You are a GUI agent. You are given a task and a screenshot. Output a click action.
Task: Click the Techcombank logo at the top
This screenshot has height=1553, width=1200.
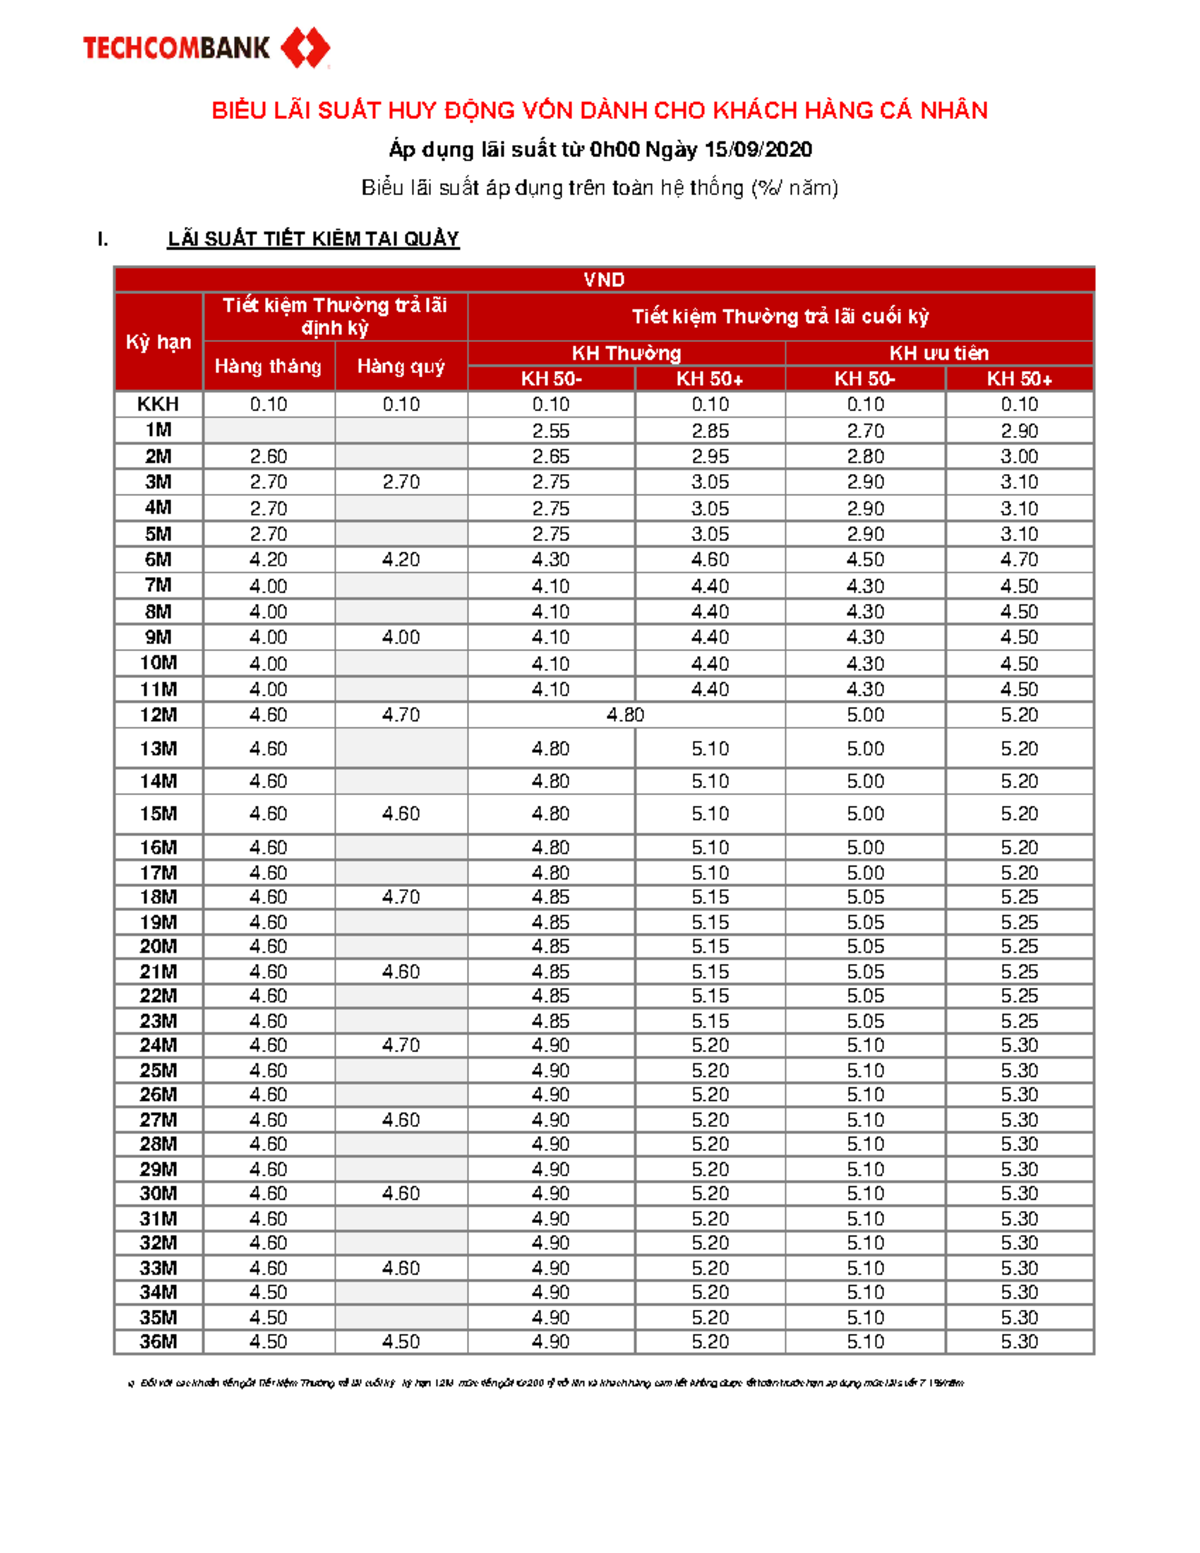tap(205, 47)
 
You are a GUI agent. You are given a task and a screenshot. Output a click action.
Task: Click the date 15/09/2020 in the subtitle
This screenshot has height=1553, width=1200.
tap(758, 150)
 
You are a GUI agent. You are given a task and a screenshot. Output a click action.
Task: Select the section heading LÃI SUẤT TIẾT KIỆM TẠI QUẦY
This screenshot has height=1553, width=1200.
tap(313, 239)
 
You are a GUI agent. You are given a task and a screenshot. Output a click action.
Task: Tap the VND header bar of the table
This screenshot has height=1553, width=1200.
tap(604, 280)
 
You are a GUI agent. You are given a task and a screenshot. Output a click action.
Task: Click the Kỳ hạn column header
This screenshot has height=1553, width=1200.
tap(158, 342)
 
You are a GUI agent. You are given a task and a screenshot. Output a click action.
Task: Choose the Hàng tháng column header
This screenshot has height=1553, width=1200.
tap(268, 367)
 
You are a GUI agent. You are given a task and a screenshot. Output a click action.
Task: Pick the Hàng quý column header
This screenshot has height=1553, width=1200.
tap(401, 367)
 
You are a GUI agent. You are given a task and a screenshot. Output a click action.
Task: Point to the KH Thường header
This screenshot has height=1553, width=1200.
tap(626, 353)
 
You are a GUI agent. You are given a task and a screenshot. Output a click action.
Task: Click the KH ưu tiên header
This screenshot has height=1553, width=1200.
tap(939, 353)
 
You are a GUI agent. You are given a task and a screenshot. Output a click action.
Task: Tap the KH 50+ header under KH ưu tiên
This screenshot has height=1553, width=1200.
tap(1019, 379)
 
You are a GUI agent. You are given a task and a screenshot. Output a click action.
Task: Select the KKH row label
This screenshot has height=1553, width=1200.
tap(158, 404)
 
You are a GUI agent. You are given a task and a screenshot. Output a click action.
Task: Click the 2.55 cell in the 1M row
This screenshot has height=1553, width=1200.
tap(551, 431)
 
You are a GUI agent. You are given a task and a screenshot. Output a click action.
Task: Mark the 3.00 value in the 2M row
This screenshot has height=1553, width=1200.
tap(1019, 456)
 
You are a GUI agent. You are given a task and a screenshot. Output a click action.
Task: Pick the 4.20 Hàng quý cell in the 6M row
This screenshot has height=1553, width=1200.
tap(401, 560)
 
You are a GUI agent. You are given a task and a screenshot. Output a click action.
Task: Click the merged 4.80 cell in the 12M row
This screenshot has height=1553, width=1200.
tap(626, 715)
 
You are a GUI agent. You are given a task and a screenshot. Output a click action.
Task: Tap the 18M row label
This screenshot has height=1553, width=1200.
tap(158, 897)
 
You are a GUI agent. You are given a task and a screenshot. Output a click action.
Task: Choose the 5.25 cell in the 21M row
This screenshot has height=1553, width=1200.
tap(1019, 972)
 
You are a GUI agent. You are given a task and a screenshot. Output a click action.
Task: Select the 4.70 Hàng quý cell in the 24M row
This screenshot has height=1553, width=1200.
tap(401, 1045)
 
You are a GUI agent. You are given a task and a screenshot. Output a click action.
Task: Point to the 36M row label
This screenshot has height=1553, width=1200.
tap(158, 1342)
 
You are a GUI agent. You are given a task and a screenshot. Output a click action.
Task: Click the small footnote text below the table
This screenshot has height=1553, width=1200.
tap(550, 1383)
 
